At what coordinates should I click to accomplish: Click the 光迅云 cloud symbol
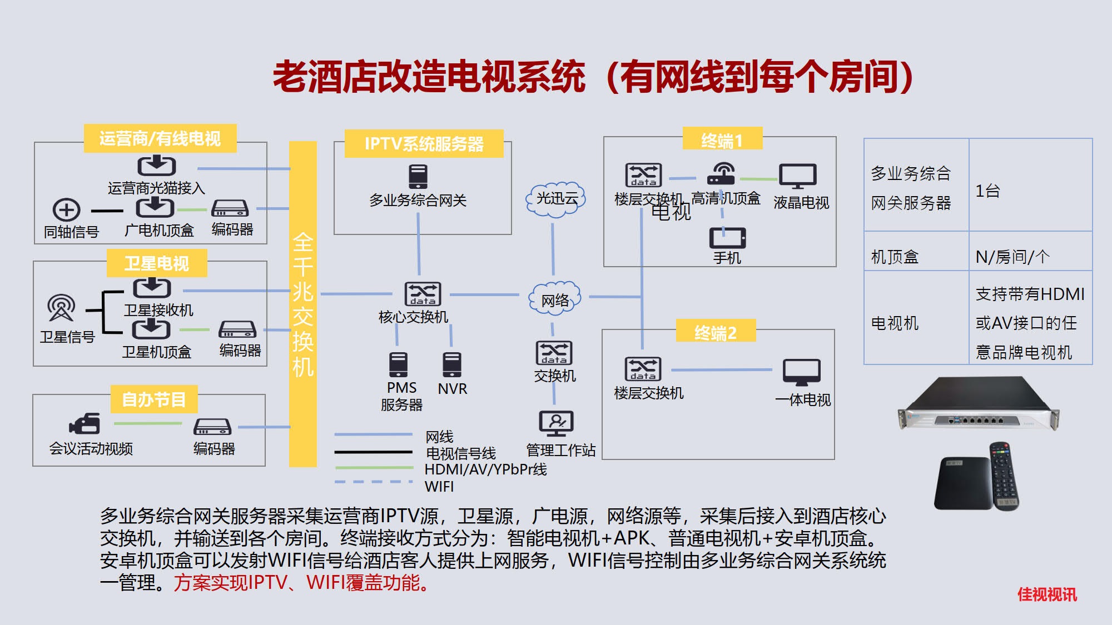click(555, 199)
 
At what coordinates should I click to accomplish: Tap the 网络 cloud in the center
click(554, 299)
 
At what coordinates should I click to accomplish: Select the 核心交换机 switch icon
click(423, 294)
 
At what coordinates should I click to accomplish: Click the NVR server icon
click(451, 364)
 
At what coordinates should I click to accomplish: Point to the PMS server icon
click(398, 364)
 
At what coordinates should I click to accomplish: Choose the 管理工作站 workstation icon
click(555, 423)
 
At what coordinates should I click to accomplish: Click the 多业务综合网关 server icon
click(418, 177)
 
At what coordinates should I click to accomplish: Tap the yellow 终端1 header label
click(722, 140)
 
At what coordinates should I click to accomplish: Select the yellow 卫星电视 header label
click(157, 263)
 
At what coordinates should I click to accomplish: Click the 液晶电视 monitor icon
click(798, 176)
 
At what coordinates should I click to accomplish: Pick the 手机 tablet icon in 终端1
click(727, 238)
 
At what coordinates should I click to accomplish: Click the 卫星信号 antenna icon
click(61, 308)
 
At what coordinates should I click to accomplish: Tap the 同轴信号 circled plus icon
click(67, 210)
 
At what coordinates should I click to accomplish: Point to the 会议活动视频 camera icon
click(85, 424)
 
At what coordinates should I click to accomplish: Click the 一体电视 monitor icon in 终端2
click(801, 372)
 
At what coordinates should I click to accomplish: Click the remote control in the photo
click(1004, 475)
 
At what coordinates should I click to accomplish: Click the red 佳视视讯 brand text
click(1047, 594)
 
